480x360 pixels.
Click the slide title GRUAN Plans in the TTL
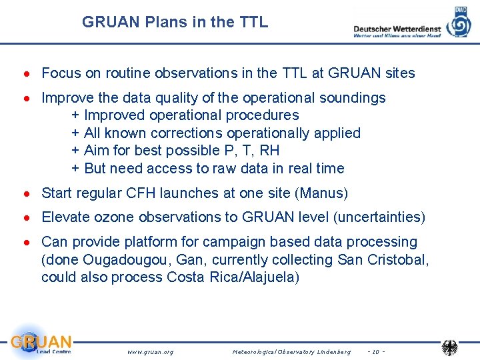click(175, 22)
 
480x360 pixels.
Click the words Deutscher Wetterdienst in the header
click(397, 29)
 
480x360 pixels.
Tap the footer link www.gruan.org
click(150, 351)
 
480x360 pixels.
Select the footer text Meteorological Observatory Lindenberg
click(291, 351)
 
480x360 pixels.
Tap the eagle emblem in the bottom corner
click(451, 347)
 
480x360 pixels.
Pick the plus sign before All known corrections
click(76, 133)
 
